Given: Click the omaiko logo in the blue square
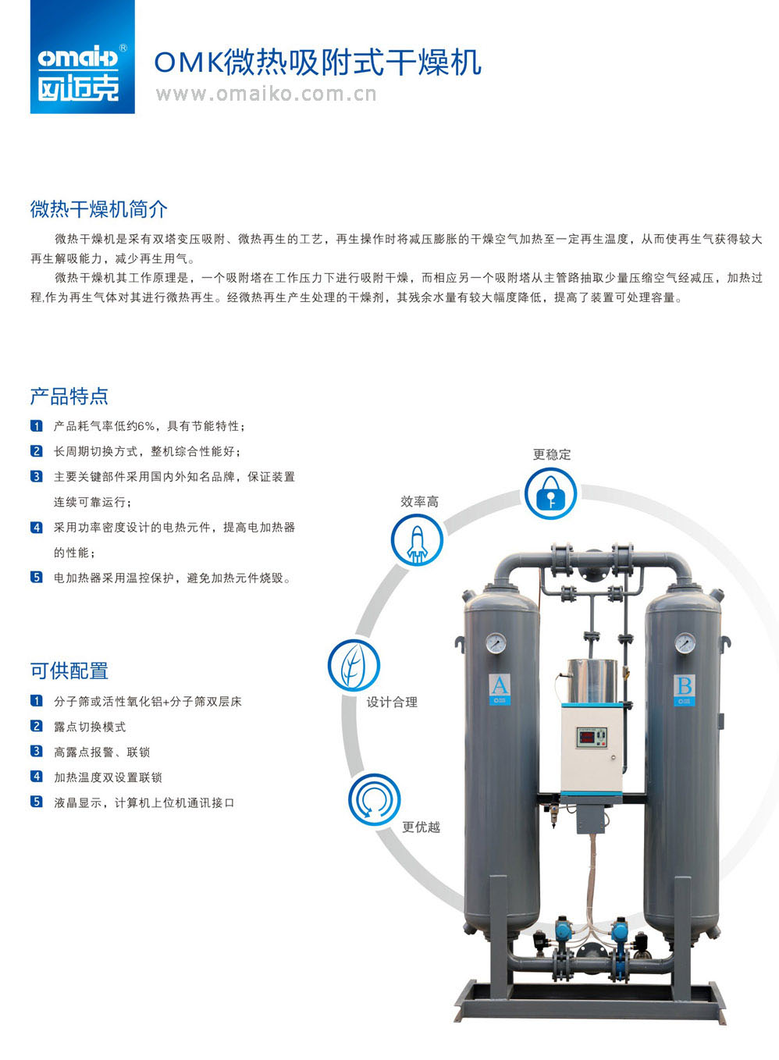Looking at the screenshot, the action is [82, 57].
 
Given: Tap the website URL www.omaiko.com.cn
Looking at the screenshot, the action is [266, 94].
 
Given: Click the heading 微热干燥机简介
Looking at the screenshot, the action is [99, 209].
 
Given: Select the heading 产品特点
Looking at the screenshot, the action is [69, 396].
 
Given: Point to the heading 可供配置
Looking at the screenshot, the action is [69, 671].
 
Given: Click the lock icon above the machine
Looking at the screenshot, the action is [551, 493].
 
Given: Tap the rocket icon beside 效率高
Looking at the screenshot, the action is [417, 540].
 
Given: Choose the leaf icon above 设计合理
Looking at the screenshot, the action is [354, 665].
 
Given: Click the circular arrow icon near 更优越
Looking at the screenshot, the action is [375, 800].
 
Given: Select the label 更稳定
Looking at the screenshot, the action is [552, 455].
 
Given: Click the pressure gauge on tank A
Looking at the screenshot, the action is [496, 643].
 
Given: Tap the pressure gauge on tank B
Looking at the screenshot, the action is [685, 643].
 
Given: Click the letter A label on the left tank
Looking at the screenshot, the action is [500, 685].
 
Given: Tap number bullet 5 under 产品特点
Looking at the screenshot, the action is [37, 577].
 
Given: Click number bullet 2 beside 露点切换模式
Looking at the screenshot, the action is [37, 725].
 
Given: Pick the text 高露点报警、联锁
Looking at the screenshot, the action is [101, 752].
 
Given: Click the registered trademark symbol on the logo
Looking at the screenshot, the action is [123, 48].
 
